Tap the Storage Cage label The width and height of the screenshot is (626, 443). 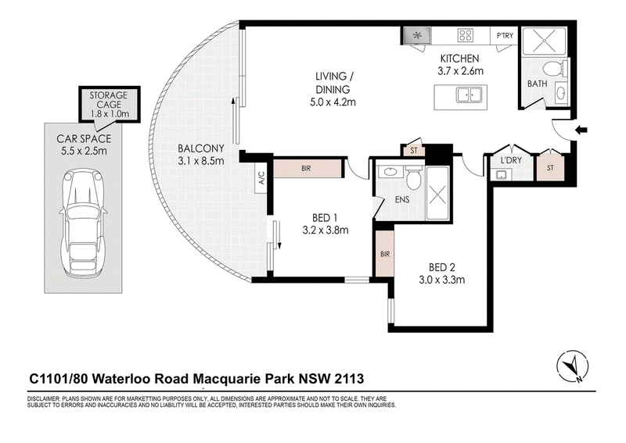pyautogui.click(x=109, y=100)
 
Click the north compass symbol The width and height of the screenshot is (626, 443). pyautogui.click(x=573, y=366)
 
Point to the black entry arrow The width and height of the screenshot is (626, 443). pyautogui.click(x=582, y=130)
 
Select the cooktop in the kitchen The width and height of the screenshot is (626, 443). pyautogui.click(x=466, y=35)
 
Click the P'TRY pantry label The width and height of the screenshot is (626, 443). pyautogui.click(x=505, y=35)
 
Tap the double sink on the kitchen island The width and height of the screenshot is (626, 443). pyautogui.click(x=469, y=95)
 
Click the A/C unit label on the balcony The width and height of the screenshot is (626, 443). pyautogui.click(x=261, y=177)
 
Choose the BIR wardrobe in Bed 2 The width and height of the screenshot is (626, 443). pyautogui.click(x=385, y=254)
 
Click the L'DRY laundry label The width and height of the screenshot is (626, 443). pyautogui.click(x=511, y=161)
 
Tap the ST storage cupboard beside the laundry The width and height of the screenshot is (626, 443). pyautogui.click(x=550, y=167)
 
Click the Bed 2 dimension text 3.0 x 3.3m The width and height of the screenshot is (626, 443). pyautogui.click(x=441, y=280)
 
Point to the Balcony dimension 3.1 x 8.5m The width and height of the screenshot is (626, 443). pyautogui.click(x=201, y=161)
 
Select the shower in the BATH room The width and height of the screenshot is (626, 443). pyautogui.click(x=544, y=41)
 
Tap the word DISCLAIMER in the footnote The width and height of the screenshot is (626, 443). pyautogui.click(x=42, y=398)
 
